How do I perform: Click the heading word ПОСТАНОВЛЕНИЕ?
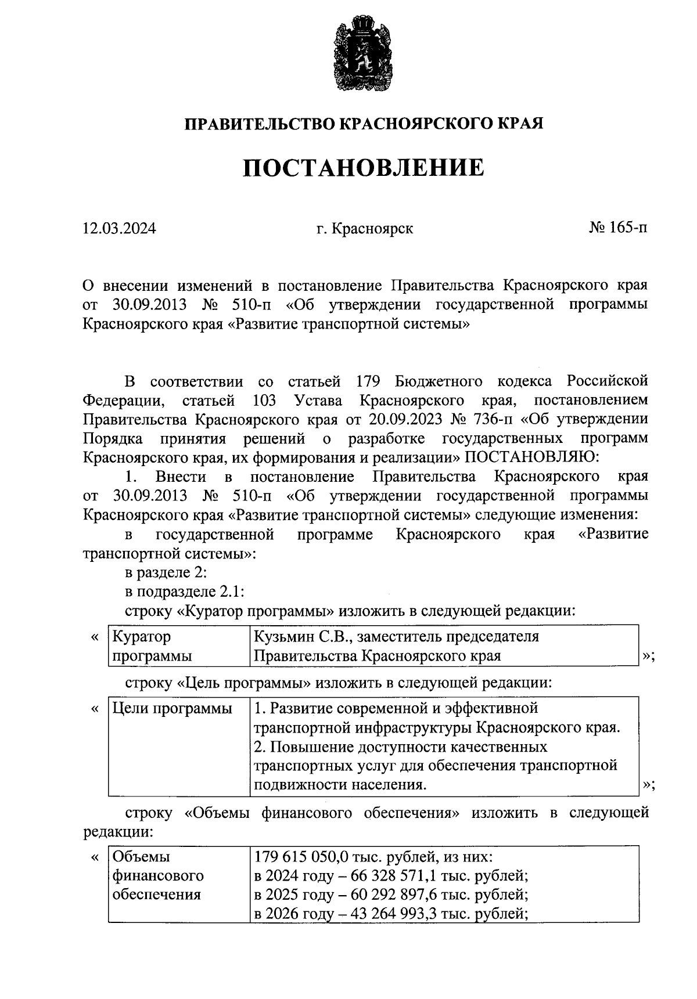click(x=363, y=168)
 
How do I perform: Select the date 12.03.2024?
click(x=119, y=228)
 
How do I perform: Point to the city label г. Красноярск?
click(x=364, y=228)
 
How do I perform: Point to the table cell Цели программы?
click(x=171, y=708)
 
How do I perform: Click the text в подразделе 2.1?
click(x=184, y=592)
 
